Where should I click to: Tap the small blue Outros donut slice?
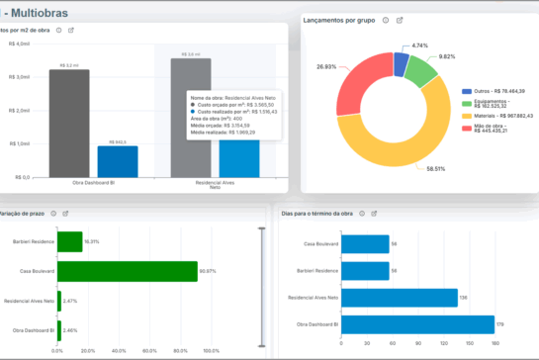coord(400,63)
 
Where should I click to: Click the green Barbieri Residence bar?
coord(69,240)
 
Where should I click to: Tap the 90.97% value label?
coord(207,269)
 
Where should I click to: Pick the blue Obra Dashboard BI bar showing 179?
coord(418,324)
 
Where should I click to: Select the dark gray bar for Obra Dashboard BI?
coord(69,124)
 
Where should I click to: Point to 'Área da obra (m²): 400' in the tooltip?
coord(224,118)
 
